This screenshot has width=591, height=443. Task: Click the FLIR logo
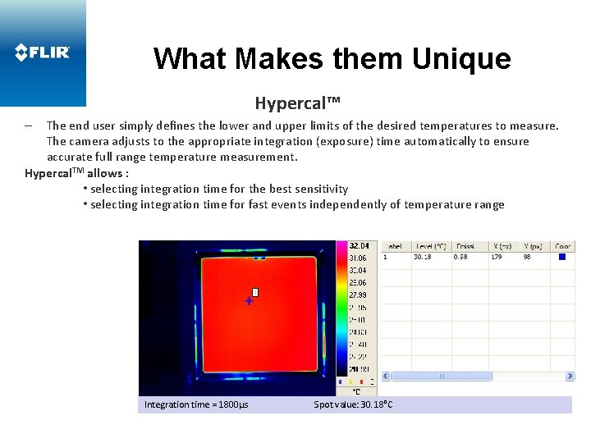pos(43,53)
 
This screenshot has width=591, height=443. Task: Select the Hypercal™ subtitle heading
pos(297,103)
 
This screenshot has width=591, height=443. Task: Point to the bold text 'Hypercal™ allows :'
pos(76,173)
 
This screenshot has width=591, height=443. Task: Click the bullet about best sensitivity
pos(216,189)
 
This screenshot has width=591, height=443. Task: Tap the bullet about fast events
pos(294,204)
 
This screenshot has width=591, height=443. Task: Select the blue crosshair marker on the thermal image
pos(249,301)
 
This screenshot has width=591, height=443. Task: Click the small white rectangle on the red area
pos(255,292)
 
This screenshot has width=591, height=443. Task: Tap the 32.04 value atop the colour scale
pos(359,245)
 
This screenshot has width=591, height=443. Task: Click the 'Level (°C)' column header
pos(430,245)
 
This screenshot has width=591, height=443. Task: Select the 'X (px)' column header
pos(502,245)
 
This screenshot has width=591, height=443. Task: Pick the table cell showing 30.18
pos(423,257)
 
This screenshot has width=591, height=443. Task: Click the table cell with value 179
pos(496,257)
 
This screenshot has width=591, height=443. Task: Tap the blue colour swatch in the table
pos(562,257)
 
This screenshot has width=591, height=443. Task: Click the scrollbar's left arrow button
pos(387,376)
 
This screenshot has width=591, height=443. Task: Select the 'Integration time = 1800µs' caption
pos(196,404)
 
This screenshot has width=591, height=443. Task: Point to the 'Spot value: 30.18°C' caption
pos(353,404)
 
